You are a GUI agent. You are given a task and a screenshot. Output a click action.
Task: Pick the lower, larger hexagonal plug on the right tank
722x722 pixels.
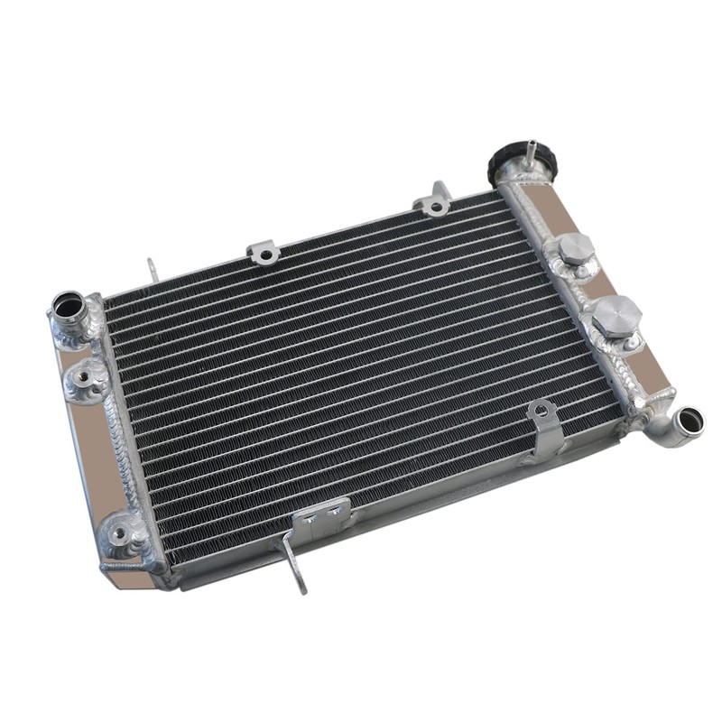(617, 312)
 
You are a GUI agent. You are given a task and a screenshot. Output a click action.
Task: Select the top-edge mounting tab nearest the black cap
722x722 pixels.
(436, 200)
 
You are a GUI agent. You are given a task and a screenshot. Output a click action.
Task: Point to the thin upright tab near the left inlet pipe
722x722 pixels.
(152, 269)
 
